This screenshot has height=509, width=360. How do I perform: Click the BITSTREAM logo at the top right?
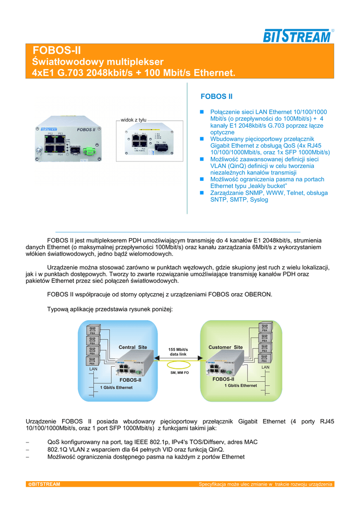coord(297,36)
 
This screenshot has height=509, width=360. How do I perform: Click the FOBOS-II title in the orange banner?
coord(56,51)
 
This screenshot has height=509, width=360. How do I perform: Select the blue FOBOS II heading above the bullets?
coord(216,96)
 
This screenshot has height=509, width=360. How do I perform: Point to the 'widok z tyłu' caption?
coord(134,120)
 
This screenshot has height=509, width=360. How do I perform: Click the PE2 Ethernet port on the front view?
coord(50,140)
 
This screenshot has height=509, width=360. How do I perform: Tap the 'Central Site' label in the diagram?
coord(133,347)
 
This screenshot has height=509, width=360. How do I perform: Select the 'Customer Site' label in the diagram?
coord(225,347)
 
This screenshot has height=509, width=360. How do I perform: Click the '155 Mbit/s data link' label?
coord(179,352)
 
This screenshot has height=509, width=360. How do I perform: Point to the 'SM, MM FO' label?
coord(180,372)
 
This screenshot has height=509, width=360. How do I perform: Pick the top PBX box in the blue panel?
coord(92,330)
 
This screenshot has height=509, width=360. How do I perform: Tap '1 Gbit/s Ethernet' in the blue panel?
coord(116,387)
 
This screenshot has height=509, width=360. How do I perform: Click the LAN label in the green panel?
coord(266,367)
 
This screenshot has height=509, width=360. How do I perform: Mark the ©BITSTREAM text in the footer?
coord(44,484)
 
